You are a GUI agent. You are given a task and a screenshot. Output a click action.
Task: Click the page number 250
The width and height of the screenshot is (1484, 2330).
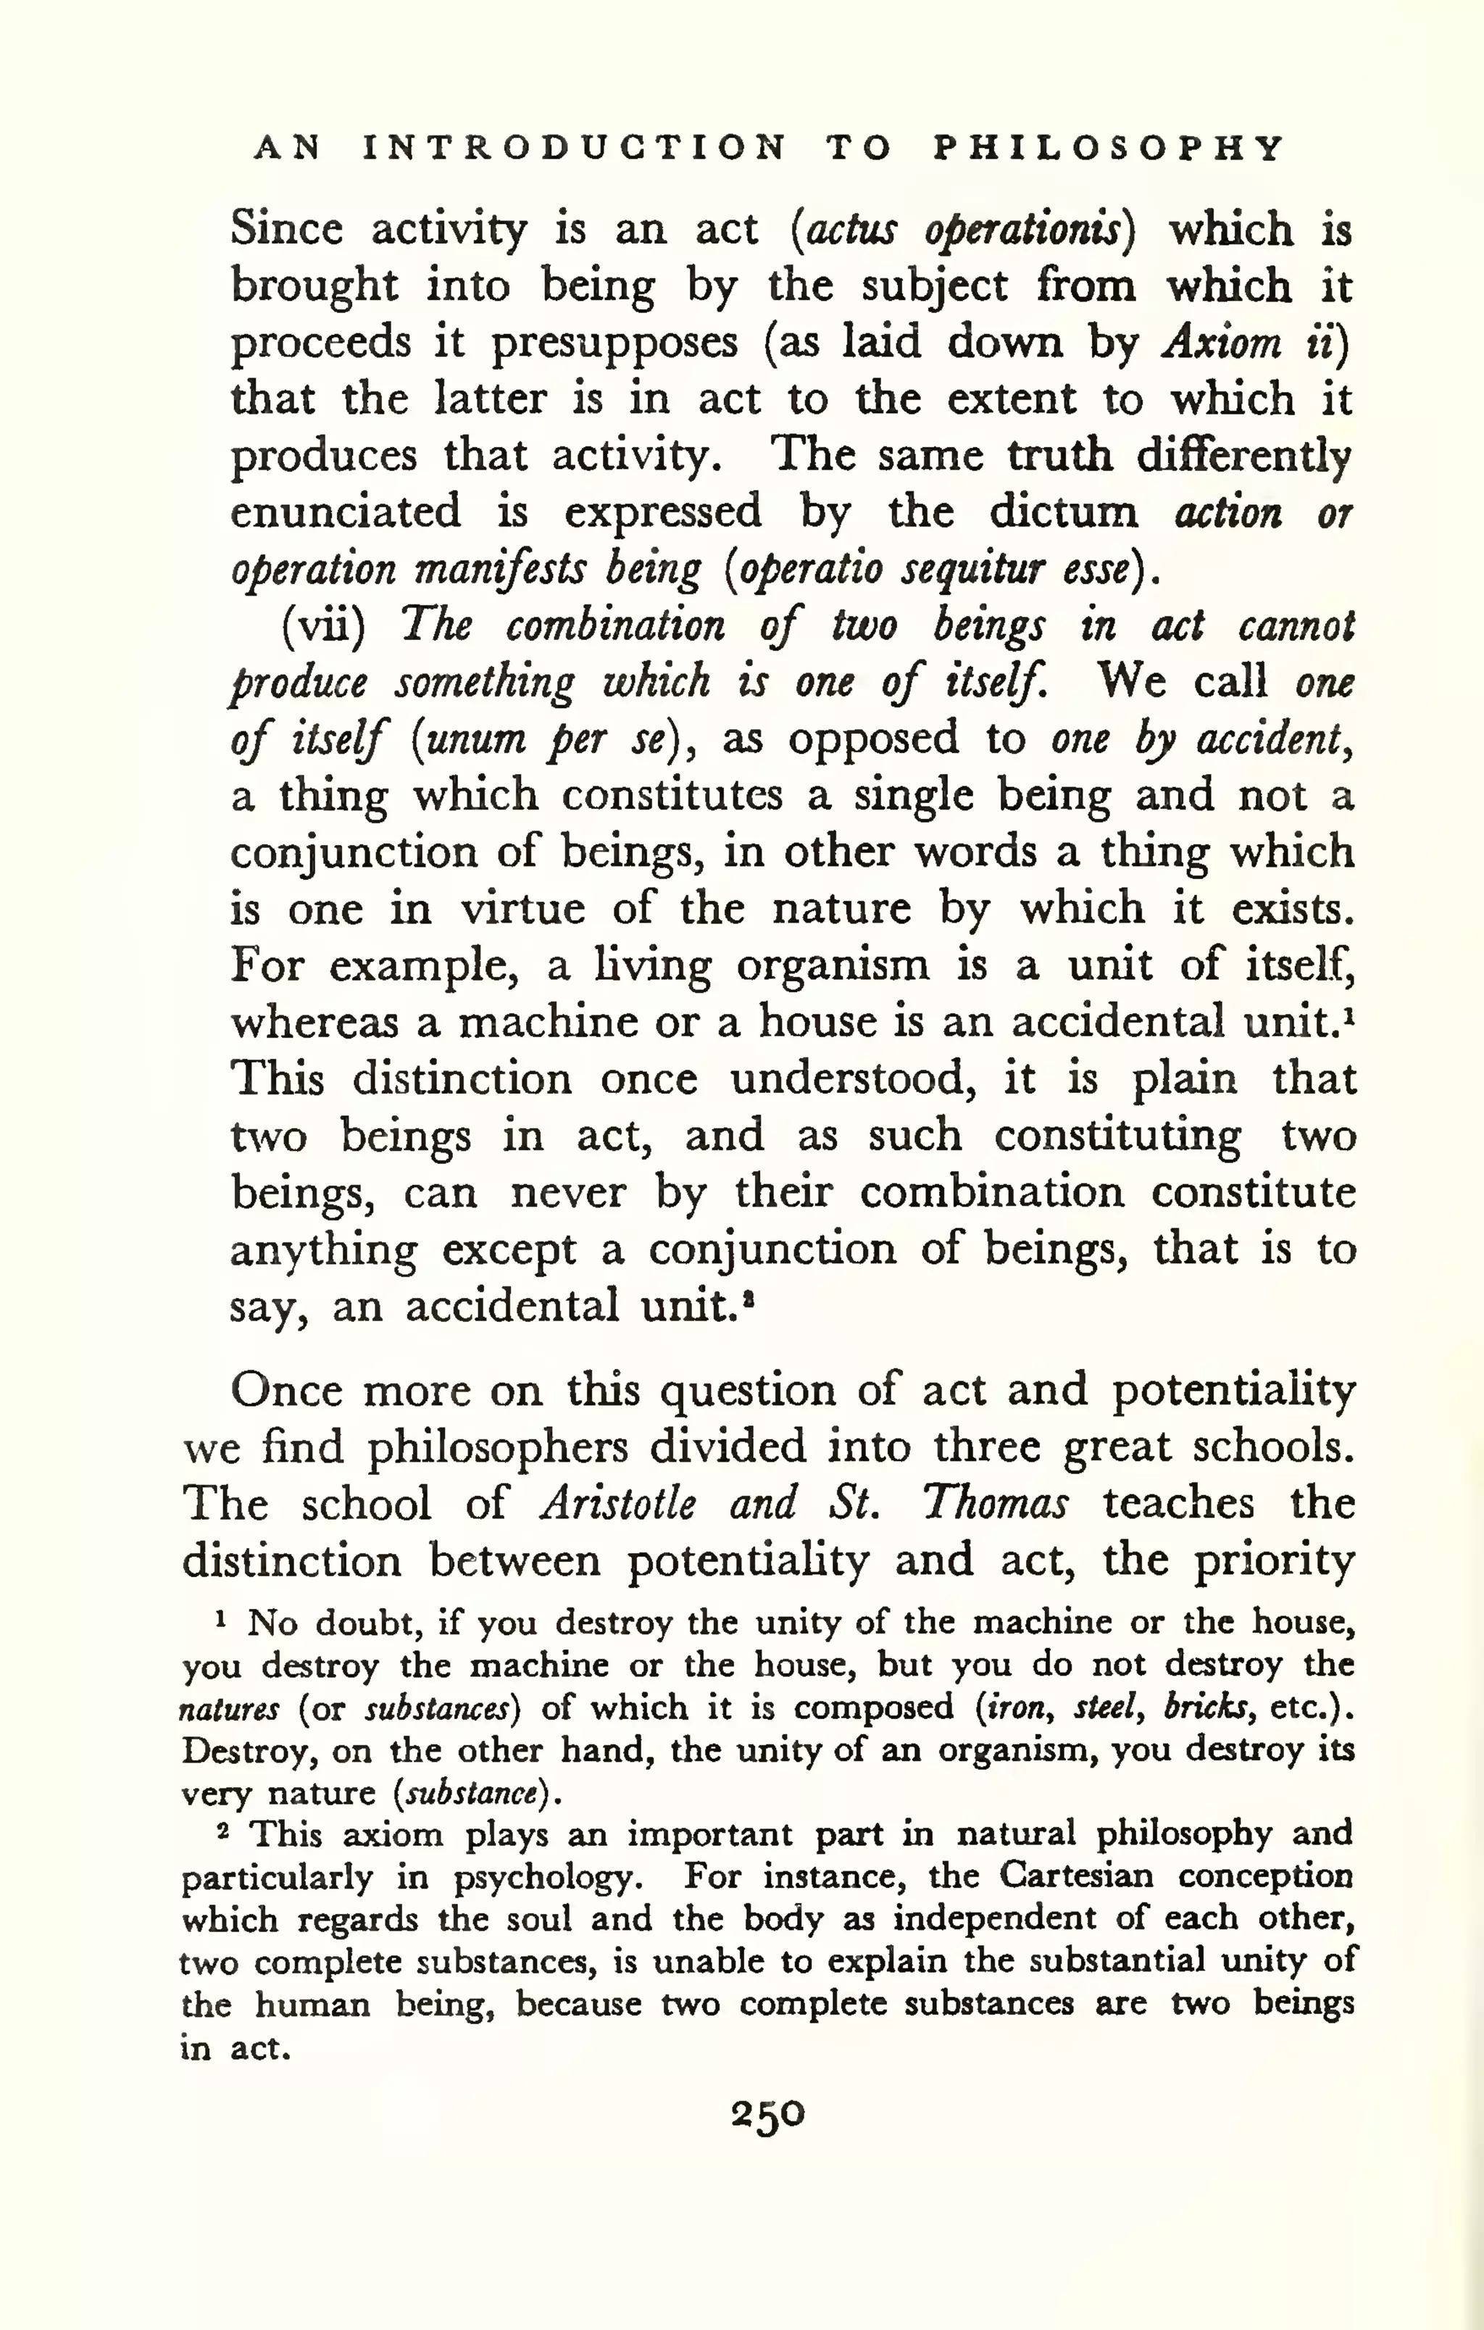pyautogui.click(x=767, y=2114)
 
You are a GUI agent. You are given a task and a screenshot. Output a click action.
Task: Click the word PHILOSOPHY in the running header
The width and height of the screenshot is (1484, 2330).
pyautogui.click(x=1109, y=148)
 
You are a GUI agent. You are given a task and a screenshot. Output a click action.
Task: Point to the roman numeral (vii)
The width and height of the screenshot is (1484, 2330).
pyautogui.click(x=323, y=626)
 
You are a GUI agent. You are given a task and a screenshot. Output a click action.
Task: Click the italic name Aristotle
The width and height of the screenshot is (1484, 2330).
pyautogui.click(x=617, y=1504)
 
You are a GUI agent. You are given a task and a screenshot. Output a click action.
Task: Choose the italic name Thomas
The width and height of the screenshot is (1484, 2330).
pyautogui.click(x=994, y=1504)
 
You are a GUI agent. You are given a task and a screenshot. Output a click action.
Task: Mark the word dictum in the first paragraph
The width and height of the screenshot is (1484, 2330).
pyautogui.click(x=1062, y=512)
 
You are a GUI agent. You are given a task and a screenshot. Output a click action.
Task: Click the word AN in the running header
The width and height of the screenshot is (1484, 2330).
pyautogui.click(x=288, y=148)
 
